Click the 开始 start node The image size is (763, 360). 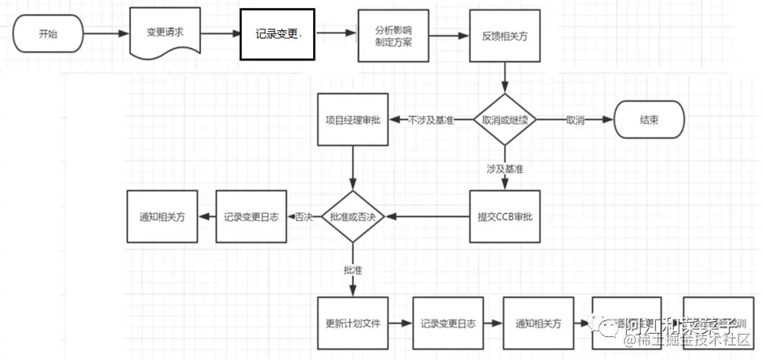point(48,34)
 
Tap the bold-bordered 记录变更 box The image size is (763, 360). point(277,34)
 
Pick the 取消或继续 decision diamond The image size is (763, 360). point(505,120)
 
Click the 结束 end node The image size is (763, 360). point(649,120)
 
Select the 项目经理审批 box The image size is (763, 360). point(353,120)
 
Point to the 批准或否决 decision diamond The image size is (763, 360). point(353,216)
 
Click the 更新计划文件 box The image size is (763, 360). point(353,323)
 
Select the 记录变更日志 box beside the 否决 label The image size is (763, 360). point(251,216)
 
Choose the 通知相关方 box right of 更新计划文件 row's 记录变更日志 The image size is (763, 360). point(538,323)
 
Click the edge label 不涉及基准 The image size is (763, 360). point(431,120)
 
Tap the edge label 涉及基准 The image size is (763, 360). point(505,169)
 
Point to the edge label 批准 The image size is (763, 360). point(353,270)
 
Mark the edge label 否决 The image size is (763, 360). point(304,216)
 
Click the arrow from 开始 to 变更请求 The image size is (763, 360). point(105,34)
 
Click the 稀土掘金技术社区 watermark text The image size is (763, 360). point(687,340)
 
